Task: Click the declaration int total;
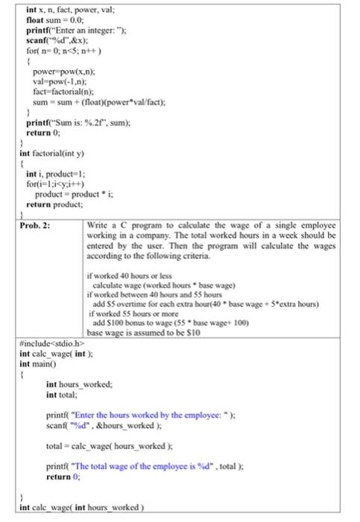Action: (63, 393)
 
